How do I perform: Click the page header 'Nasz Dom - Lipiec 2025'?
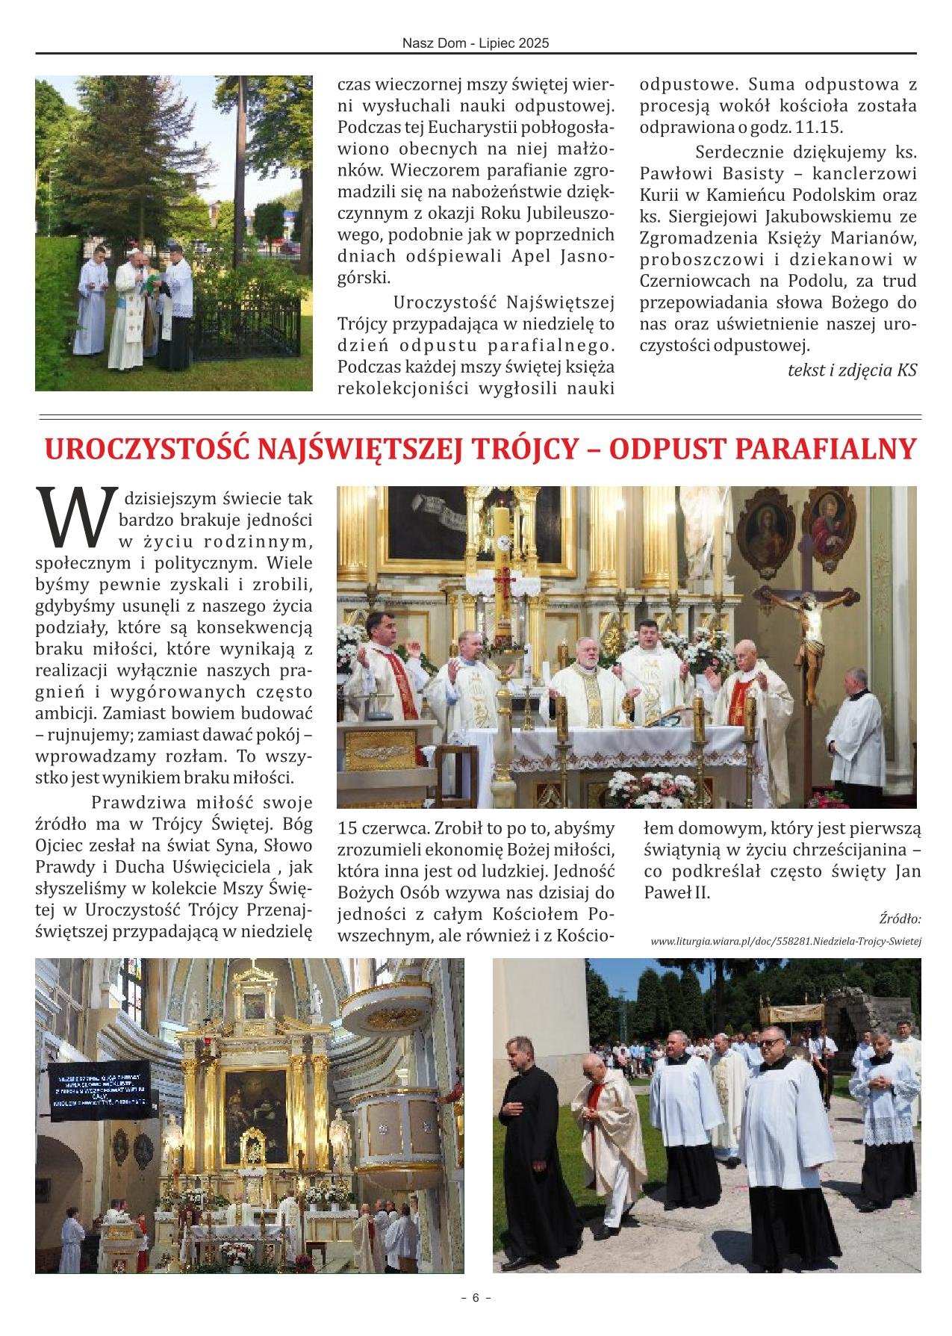click(x=476, y=43)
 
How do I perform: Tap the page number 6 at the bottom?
click(x=476, y=1297)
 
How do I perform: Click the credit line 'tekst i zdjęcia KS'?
click(x=852, y=370)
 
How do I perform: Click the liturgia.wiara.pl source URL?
click(x=785, y=941)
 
